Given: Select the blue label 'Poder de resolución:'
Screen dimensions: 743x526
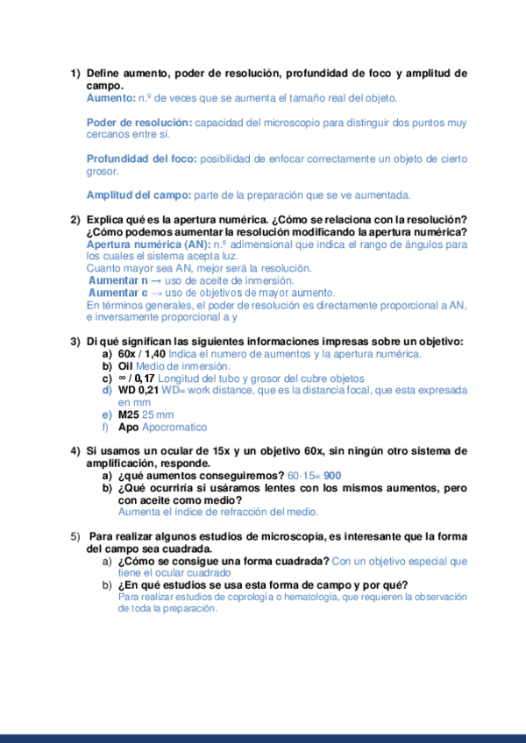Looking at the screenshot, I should [x=139, y=123].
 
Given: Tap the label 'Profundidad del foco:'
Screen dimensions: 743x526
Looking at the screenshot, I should [x=141, y=159].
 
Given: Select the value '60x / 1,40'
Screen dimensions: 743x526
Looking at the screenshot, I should [x=141, y=354].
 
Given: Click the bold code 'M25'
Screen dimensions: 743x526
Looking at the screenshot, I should [x=128, y=414].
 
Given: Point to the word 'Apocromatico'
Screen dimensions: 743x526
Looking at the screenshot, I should [x=174, y=427].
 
